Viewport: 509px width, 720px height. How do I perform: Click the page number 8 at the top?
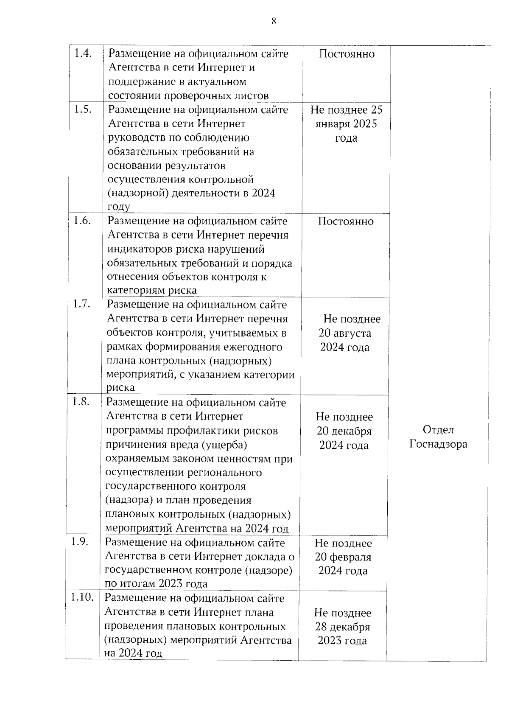(x=274, y=21)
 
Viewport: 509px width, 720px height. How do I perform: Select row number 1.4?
(x=83, y=53)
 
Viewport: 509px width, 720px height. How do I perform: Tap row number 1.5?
(x=83, y=109)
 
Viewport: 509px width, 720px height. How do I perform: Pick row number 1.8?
(x=81, y=402)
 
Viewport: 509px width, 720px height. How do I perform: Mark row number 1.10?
(x=82, y=597)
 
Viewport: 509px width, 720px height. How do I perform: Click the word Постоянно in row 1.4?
(x=347, y=54)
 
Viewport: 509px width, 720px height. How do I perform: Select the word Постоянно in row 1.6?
(x=346, y=221)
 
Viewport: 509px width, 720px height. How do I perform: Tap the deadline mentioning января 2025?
(x=346, y=124)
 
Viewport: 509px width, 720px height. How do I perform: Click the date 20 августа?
(x=345, y=333)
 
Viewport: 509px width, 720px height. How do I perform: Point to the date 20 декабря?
(x=344, y=431)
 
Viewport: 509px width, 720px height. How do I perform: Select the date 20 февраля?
(x=343, y=557)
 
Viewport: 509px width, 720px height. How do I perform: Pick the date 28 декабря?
(x=342, y=627)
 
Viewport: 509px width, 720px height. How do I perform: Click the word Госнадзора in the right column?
(x=438, y=444)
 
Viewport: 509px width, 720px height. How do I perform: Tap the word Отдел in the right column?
(x=438, y=430)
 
